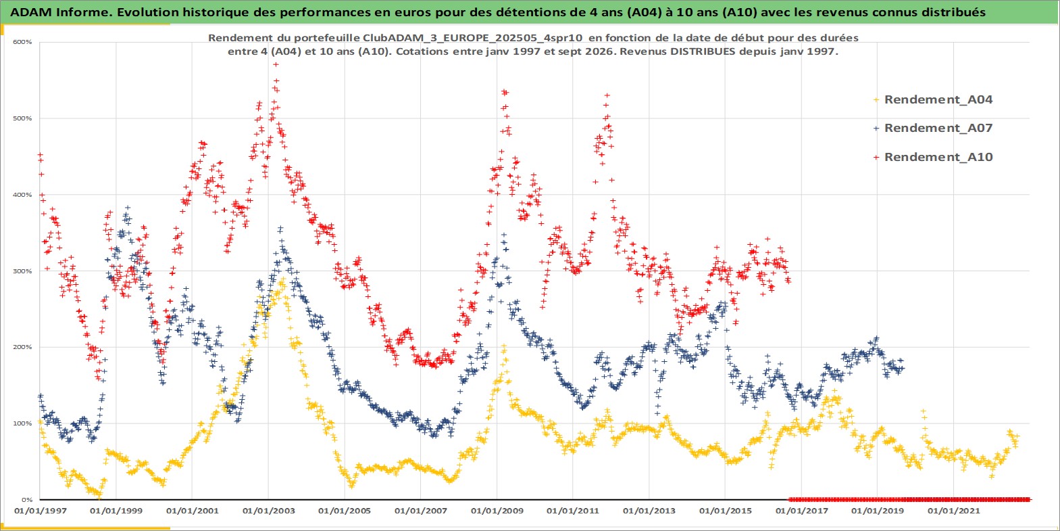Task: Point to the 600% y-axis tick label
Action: coord(22,42)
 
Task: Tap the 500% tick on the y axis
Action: coord(22,118)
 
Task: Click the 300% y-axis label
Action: coord(22,271)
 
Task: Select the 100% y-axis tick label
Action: coord(22,423)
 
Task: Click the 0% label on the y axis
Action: coord(27,500)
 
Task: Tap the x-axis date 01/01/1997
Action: coord(41,511)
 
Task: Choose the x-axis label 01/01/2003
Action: coord(268,511)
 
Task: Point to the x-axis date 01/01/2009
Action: coord(497,511)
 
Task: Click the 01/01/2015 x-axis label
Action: coord(725,511)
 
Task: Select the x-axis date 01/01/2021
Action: coord(953,511)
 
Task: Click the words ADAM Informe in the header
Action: coord(61,12)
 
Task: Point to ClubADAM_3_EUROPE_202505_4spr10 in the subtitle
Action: coord(466,38)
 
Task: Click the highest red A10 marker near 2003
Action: coord(276,64)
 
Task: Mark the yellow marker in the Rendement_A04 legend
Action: coord(876,100)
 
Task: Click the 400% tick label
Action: coord(22,195)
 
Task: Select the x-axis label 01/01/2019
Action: coord(878,511)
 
